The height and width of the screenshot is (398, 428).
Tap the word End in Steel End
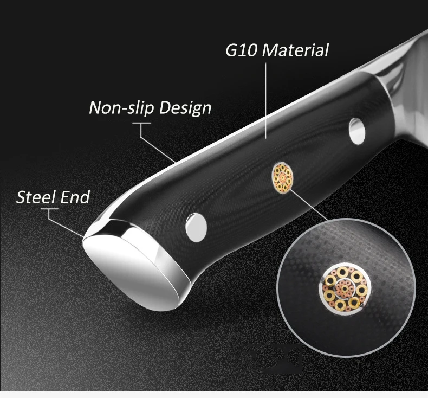[x=75, y=197]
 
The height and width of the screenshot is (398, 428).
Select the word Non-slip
[x=122, y=107]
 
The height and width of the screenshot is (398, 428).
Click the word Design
[x=185, y=107]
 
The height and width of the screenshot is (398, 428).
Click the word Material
[x=295, y=50]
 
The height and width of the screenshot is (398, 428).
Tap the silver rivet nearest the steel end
[x=196, y=228]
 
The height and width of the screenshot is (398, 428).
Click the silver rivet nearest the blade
[x=357, y=131]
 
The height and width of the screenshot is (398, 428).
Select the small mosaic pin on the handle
[x=282, y=177]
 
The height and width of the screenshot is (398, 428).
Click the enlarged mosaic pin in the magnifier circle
[x=345, y=288]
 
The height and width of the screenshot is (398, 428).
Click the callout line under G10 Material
[x=266, y=100]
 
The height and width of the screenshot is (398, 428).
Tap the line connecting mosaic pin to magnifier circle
[x=308, y=205]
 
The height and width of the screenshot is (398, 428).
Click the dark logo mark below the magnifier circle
[x=276, y=359]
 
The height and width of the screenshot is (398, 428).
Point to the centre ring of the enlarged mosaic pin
[x=345, y=288]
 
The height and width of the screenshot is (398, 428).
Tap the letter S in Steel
[x=21, y=197]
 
